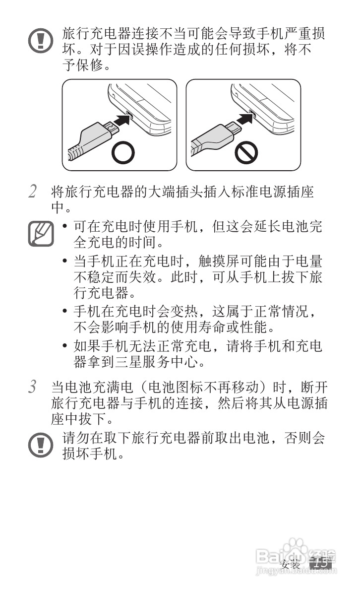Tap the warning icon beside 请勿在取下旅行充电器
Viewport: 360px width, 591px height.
click(x=40, y=445)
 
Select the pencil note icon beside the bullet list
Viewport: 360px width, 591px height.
click(x=40, y=234)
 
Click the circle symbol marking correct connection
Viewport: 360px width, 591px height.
click(x=122, y=154)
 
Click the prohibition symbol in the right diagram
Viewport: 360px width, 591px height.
click(x=246, y=154)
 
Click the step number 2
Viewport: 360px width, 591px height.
click(x=32, y=192)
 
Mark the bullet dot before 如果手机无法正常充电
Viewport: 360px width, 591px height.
click(x=65, y=346)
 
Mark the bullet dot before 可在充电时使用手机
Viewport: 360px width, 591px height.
click(x=65, y=227)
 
